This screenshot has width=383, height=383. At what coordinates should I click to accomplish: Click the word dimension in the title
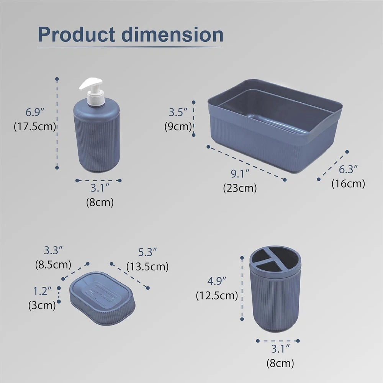pos(172,34)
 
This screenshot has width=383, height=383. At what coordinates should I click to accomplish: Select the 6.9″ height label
pos(35,112)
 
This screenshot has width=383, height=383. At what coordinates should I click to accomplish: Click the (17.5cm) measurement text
pos(35,126)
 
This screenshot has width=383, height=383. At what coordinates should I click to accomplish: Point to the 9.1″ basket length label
pos(240,173)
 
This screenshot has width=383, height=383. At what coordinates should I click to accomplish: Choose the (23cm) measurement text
pos(240,188)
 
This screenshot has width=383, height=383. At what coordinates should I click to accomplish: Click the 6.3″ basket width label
pos(348,169)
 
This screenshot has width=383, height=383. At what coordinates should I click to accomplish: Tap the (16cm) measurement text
pos(348,184)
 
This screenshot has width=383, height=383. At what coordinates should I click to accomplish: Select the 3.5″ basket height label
pos(178,112)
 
